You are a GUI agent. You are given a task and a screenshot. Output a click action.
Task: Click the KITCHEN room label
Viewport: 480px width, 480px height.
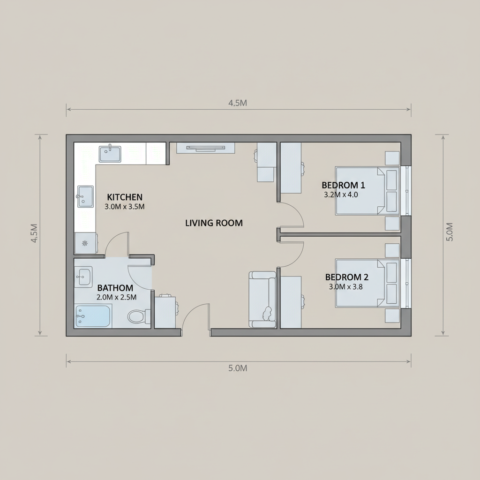[125, 197]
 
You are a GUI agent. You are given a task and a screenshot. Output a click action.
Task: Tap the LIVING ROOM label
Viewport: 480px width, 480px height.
[214, 223]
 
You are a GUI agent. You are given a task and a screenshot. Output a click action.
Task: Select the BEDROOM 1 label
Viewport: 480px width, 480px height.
[343, 185]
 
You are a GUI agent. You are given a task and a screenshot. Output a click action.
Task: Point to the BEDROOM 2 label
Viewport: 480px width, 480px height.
[346, 277]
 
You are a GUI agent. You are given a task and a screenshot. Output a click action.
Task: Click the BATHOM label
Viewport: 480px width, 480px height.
[115, 288]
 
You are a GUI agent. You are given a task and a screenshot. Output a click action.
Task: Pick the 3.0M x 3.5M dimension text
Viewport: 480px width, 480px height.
[125, 207]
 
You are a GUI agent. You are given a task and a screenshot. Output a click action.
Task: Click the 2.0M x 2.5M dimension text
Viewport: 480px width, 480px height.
[116, 297]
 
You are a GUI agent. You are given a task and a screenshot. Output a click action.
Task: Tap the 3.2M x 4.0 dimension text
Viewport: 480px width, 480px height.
[341, 195]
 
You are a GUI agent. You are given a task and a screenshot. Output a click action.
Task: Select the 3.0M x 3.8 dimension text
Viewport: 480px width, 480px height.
[345, 287]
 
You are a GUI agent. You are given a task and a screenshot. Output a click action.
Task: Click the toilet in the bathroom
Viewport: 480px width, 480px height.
[138, 316]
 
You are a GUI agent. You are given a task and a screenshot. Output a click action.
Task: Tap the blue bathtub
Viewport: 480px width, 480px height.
[93, 316]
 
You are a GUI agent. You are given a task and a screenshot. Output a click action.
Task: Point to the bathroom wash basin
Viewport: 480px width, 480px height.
[83, 277]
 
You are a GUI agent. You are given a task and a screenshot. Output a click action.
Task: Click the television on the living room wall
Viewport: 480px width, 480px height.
[206, 148]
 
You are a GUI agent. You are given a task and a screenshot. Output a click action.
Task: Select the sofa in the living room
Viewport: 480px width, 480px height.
[262, 300]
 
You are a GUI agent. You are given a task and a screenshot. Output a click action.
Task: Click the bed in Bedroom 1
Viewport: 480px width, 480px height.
[367, 191]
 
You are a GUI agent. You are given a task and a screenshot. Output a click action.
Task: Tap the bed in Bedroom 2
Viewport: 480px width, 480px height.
[367, 283]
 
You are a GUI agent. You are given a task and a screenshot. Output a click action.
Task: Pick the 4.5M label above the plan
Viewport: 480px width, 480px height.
[238, 103]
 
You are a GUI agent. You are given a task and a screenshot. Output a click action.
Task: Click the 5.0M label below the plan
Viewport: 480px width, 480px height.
[238, 368]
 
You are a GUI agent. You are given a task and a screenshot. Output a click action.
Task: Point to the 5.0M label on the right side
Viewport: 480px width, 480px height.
[450, 232]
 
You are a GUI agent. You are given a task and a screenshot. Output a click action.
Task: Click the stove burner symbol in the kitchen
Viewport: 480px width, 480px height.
[85, 243]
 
